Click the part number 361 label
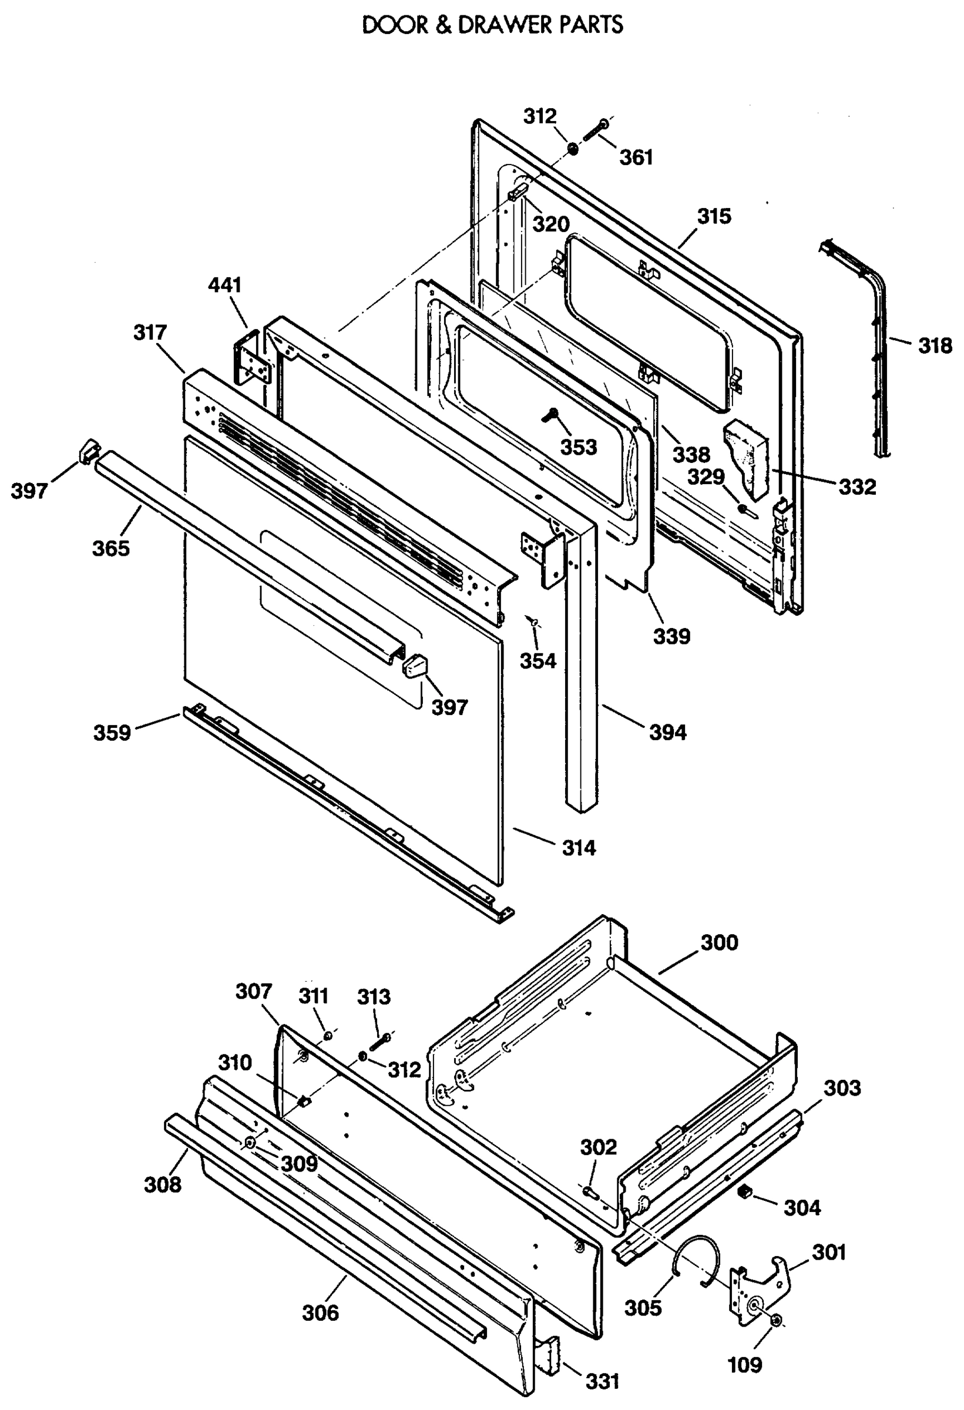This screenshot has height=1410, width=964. pyautogui.click(x=636, y=158)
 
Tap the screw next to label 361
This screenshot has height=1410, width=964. pyautogui.click(x=596, y=130)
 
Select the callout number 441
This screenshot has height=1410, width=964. pyautogui.click(x=225, y=285)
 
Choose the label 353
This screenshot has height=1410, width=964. pyautogui.click(x=578, y=448)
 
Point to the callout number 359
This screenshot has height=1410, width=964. pyautogui.click(x=112, y=733)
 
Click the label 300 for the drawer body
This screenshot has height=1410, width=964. pyautogui.click(x=720, y=943)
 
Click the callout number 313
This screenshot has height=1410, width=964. pyautogui.click(x=374, y=996)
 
